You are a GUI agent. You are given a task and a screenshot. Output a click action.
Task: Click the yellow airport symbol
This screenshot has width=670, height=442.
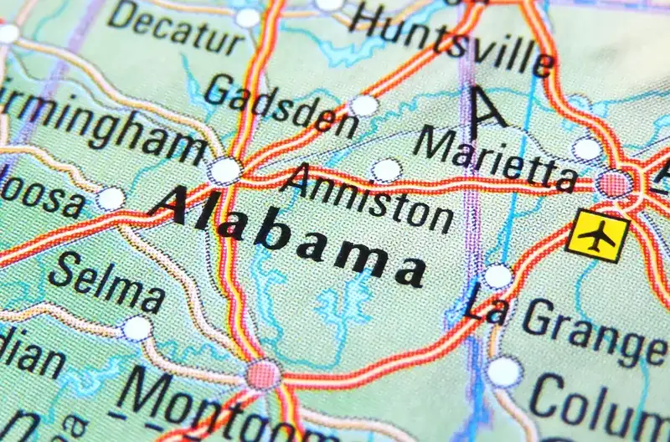597,237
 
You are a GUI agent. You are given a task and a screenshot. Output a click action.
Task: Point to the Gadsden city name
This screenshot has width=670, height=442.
281,105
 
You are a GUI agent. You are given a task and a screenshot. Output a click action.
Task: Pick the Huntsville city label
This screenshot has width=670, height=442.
452,37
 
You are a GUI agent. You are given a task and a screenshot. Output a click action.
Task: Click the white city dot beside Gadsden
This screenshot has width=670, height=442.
364,105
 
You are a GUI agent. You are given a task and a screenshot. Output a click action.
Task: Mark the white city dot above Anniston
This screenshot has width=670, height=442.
386,170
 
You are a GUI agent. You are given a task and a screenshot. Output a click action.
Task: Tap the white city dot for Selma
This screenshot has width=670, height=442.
137,329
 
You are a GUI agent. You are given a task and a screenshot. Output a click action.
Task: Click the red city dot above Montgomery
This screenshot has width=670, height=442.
263,374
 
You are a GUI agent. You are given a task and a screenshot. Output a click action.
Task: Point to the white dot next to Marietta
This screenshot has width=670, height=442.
587,149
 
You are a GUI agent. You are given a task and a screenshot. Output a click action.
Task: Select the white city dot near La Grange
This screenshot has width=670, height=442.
498,276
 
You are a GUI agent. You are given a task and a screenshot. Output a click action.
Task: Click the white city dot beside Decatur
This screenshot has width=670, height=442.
248,18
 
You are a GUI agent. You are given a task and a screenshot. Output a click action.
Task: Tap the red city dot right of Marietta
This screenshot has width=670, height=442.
616,183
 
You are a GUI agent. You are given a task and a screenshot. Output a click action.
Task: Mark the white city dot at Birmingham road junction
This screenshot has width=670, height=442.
225,171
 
